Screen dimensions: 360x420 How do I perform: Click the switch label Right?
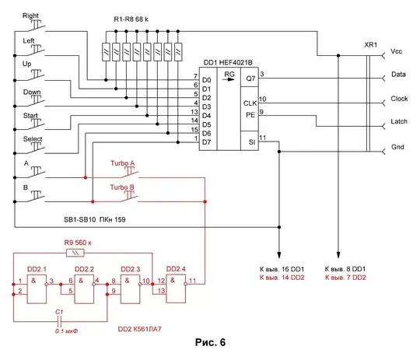point(31,16)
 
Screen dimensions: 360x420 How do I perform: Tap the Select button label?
point(31,139)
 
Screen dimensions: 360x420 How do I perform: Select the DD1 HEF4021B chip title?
point(231,62)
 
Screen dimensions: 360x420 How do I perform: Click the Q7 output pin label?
point(250,78)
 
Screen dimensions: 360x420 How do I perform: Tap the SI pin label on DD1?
point(250,142)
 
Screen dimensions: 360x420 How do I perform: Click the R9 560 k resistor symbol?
point(73,253)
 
